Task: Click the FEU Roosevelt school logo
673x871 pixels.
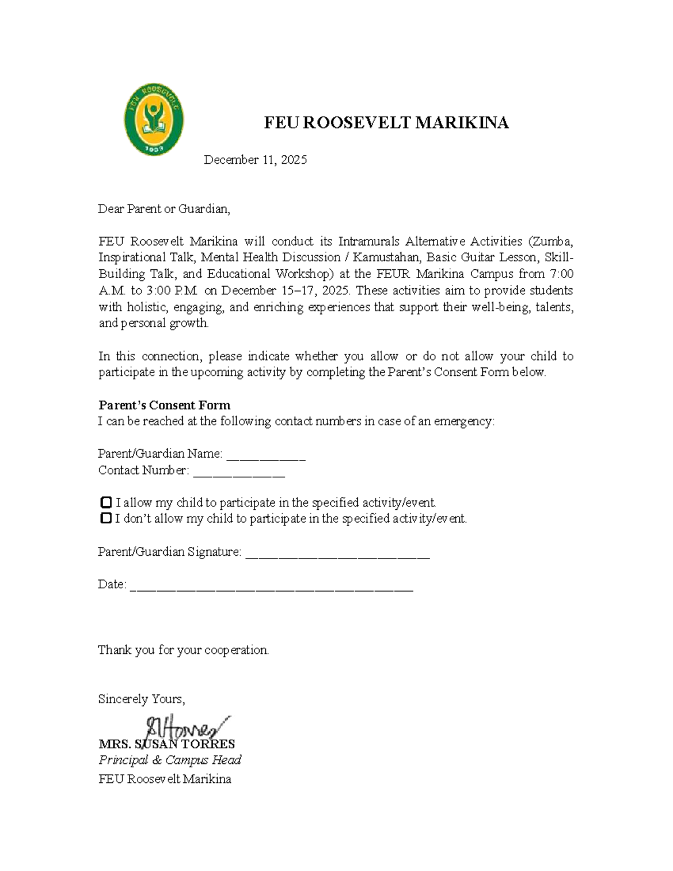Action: point(154,120)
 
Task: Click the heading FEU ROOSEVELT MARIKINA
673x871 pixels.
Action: point(386,123)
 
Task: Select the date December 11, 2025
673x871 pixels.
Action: point(255,160)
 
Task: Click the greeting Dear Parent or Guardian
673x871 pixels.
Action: point(164,209)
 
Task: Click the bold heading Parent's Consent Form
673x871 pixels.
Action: point(164,405)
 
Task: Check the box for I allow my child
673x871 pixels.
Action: point(105,503)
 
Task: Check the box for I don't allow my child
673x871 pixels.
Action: point(105,519)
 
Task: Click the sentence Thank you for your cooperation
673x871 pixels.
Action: point(183,650)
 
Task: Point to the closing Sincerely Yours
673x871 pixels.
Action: point(141,699)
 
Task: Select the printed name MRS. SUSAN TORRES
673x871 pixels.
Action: point(167,745)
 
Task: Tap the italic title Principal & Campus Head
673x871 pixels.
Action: point(170,761)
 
